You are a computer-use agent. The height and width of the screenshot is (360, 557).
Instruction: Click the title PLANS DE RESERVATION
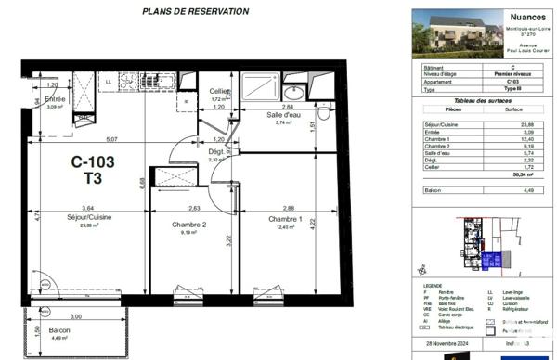click(195, 12)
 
